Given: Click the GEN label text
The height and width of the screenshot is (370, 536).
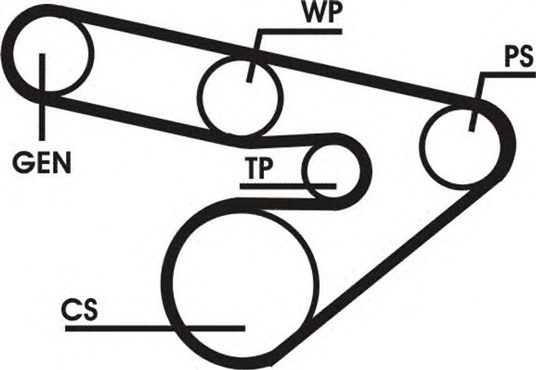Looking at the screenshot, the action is coord(42,163).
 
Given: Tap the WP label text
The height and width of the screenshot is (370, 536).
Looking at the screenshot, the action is coord(323,12).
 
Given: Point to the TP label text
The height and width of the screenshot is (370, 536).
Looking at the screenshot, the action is coord(258,168).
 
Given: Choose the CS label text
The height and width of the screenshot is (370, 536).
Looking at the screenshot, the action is coord(79,309).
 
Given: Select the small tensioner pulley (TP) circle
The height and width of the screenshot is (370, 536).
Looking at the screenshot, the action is coord(332,171).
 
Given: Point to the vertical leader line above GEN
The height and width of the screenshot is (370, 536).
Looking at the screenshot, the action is coord(42,97).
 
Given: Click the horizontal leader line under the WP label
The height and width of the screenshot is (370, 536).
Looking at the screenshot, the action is coord(300,32).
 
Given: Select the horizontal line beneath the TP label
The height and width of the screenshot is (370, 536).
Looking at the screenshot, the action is coord(288,186).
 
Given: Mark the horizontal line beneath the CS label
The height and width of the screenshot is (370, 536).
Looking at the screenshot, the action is coord(155,328).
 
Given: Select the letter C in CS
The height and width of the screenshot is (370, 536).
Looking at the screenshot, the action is coord(71,309).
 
